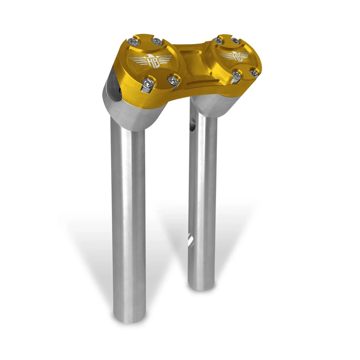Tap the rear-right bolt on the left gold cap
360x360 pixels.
[x=157, y=41]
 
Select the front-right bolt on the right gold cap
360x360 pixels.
[x=255, y=73]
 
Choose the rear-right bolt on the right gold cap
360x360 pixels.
[x=235, y=40]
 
